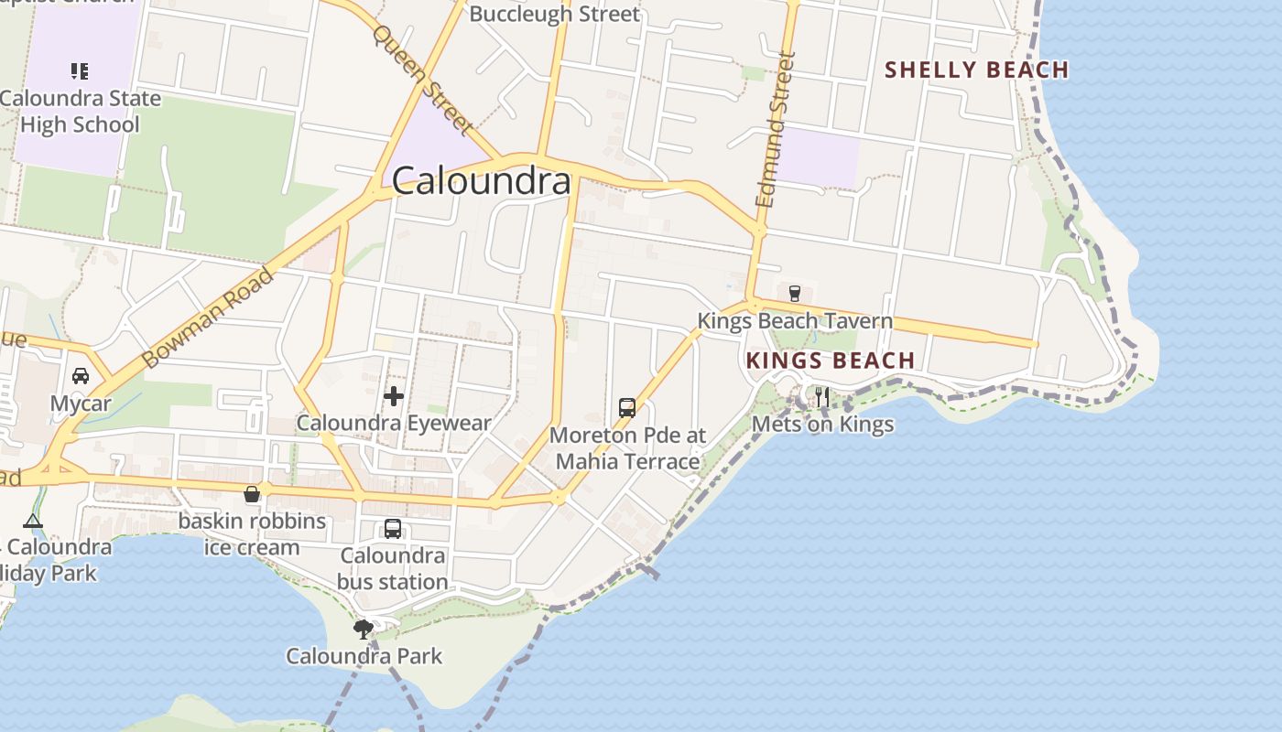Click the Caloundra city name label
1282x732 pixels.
pos(482,181)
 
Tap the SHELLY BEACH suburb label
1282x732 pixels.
pos(976,70)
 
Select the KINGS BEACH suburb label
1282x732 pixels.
pos(831,361)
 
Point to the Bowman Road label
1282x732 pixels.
pos(210,318)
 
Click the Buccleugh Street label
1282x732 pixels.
pos(554,15)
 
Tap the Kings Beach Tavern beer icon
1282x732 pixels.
pos(795,294)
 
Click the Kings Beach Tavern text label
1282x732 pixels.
pos(795,321)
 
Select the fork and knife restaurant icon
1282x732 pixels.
pos(822,397)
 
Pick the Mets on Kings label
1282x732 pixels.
pos(822,425)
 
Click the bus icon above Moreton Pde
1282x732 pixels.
pos(627,407)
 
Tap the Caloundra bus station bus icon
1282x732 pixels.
pos(393,528)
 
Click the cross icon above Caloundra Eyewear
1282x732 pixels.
pos(394,396)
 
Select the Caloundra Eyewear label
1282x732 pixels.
pos(394,423)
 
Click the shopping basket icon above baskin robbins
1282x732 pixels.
pos(252,494)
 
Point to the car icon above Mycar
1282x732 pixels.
pos(81,376)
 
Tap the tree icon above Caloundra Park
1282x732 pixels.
pos(364,629)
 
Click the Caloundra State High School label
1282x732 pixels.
pos(80,112)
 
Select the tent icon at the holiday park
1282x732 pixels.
pos(33,522)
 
